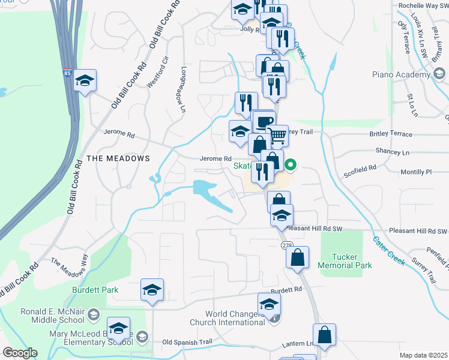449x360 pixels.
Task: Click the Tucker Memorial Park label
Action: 345,261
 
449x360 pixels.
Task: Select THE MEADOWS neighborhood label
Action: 118,158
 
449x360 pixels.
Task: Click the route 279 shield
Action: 286,245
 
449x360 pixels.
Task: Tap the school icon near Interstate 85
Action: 85,80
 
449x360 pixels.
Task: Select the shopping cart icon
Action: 277,135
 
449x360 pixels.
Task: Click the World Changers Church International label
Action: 234,318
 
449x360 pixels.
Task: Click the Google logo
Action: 20,353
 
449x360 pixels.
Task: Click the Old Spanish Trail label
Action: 187,343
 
